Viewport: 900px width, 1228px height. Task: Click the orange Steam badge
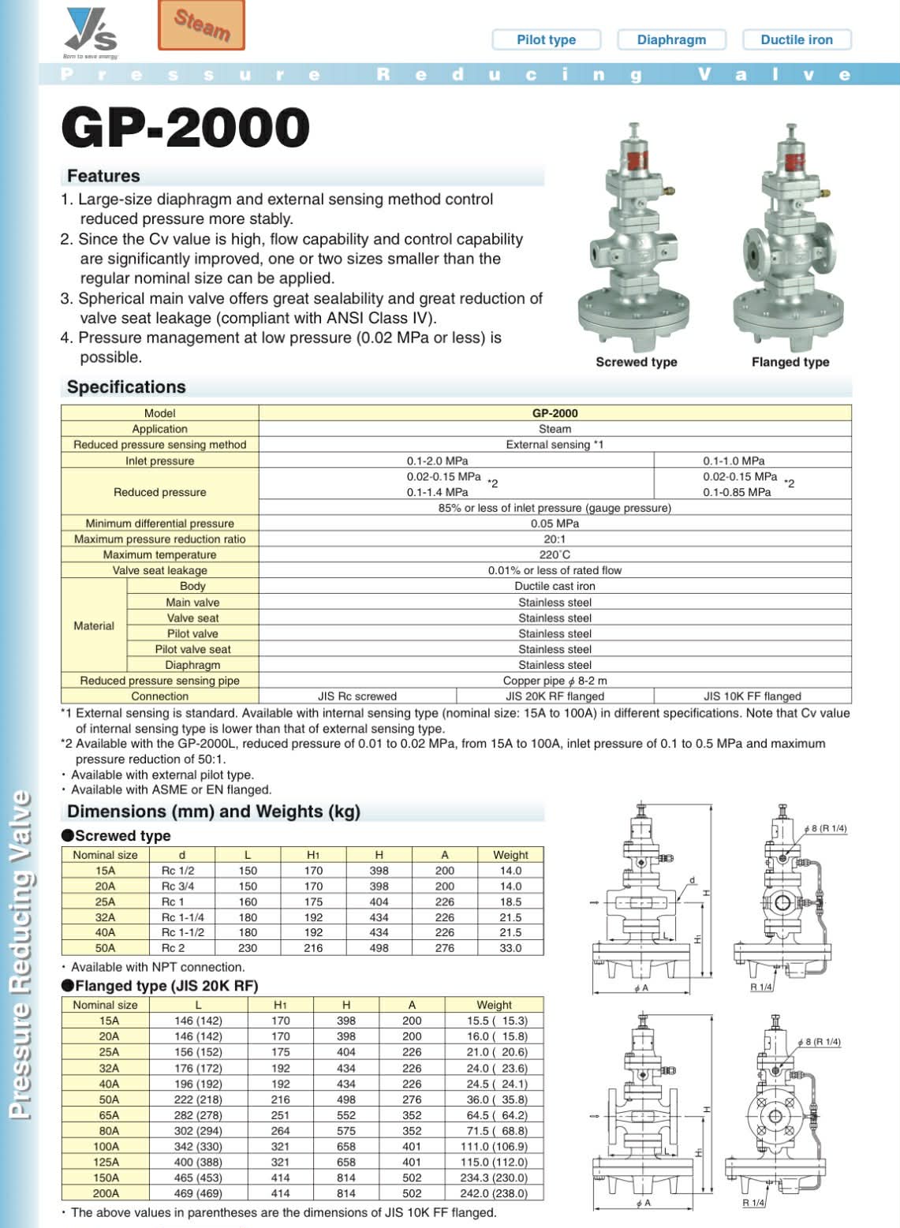tap(201, 25)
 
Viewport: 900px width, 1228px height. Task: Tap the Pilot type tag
tap(546, 39)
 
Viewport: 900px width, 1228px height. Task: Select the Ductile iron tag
tap(796, 39)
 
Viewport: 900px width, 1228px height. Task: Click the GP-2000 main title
tap(185, 128)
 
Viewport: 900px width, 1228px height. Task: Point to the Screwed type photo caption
tap(636, 362)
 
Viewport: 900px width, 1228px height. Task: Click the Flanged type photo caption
tap(790, 362)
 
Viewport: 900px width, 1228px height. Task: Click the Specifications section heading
tap(126, 387)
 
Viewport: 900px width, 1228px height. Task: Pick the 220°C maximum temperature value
tap(555, 554)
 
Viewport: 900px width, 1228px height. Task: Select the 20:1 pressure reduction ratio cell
tap(555, 539)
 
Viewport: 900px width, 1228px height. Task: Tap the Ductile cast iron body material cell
tap(555, 586)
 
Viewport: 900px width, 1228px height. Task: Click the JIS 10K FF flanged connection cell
tap(752, 696)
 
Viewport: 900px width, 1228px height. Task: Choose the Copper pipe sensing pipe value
tap(555, 681)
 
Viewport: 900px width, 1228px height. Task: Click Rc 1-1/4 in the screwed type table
tap(182, 917)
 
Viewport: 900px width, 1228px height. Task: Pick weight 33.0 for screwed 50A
tap(510, 948)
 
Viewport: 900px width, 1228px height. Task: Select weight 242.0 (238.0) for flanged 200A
tap(497, 1193)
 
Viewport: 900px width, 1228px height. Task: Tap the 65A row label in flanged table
tap(109, 1115)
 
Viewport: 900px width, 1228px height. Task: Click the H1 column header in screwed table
tap(313, 855)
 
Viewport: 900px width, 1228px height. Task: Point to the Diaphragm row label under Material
tap(192, 665)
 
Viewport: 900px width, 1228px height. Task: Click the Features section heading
tap(103, 176)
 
